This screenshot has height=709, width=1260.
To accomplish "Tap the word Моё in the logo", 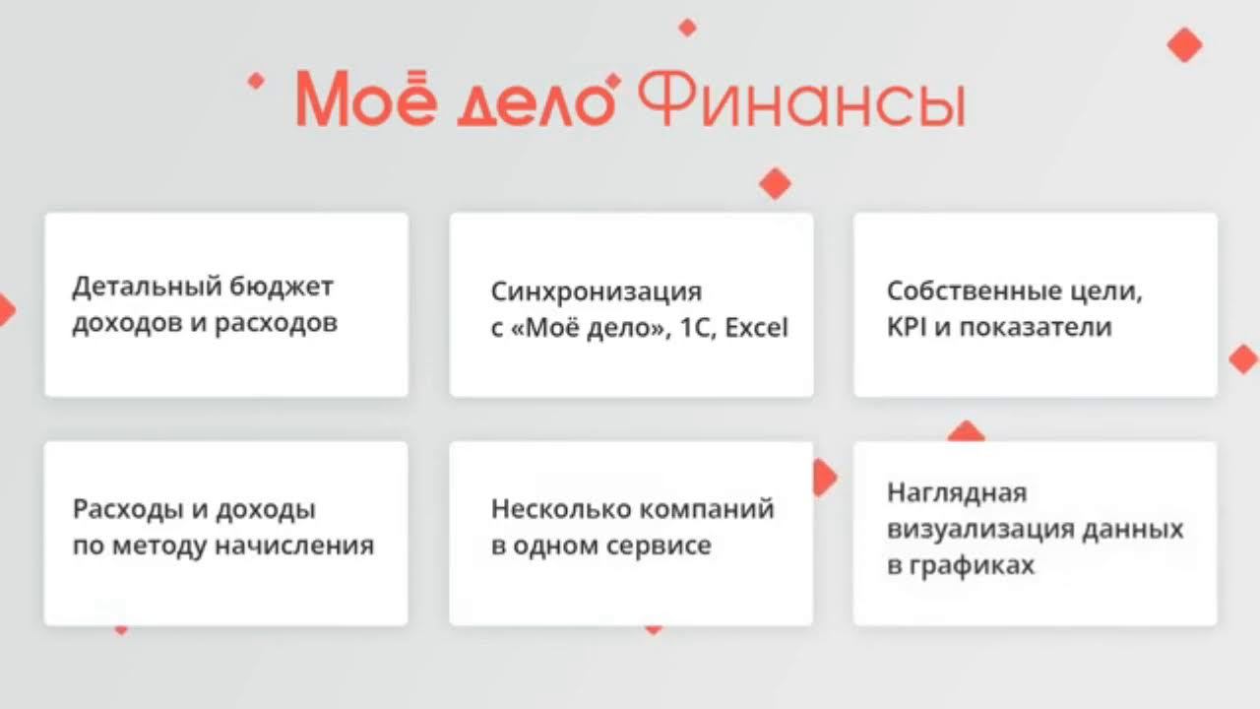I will pos(365,98).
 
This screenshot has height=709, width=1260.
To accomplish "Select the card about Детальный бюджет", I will pos(226,305).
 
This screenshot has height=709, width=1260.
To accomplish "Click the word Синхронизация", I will pos(597,292).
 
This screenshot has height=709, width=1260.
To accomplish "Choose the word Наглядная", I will pos(943,492).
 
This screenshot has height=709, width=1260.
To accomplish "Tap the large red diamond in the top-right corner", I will pos(1184,44).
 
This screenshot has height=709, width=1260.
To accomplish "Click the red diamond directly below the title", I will pos(776,183).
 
